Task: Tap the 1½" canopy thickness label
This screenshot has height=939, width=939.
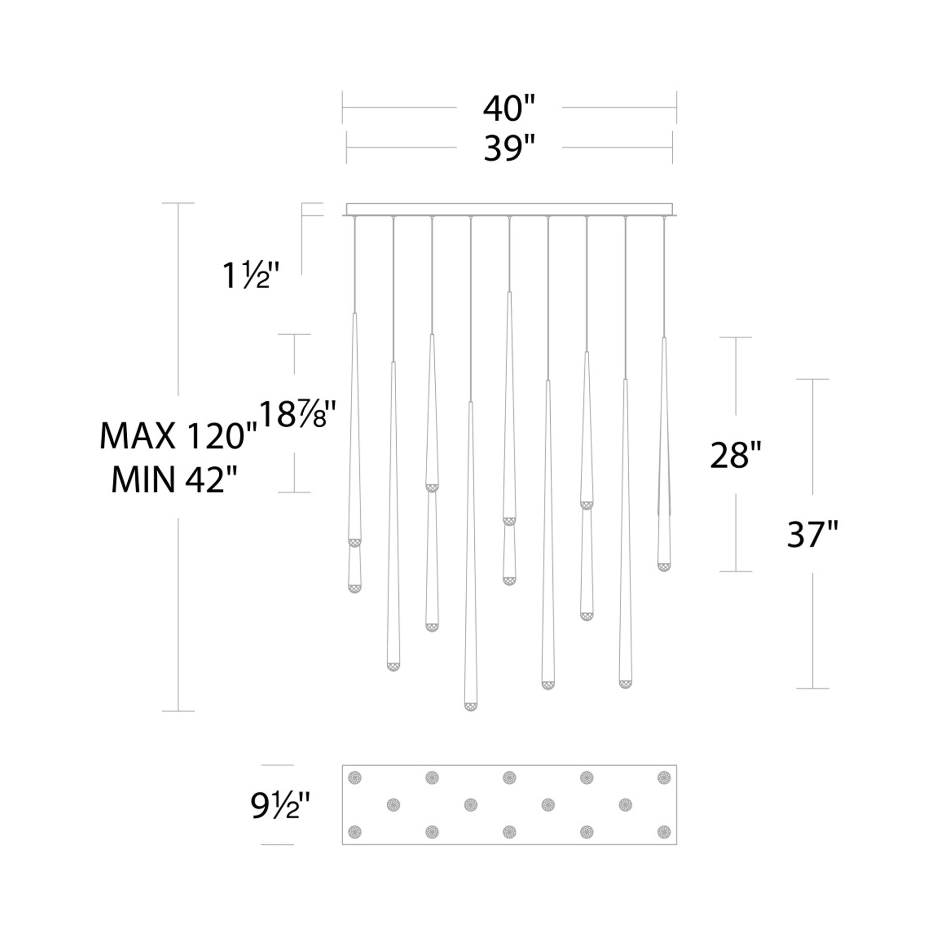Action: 251,275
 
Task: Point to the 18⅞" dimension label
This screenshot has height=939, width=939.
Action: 298,413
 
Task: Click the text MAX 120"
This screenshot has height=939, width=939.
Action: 178,436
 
